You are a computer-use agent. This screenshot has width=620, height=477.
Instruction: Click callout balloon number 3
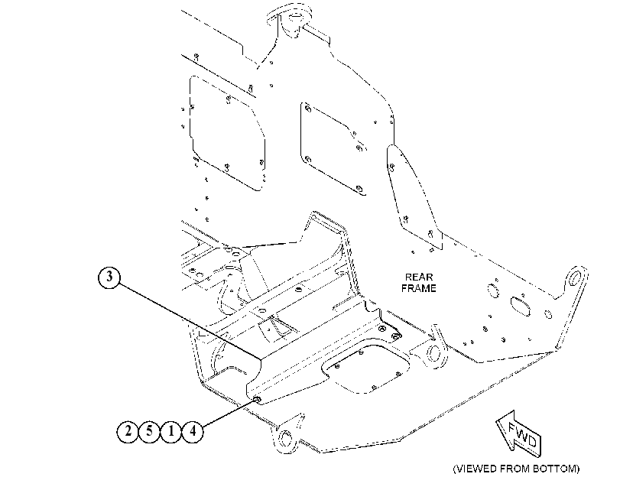coord(109,277)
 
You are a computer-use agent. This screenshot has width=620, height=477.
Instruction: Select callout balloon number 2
coord(128,430)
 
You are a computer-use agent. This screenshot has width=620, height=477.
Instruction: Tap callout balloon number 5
coord(149,430)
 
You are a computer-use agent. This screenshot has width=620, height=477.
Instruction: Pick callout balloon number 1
coord(170,430)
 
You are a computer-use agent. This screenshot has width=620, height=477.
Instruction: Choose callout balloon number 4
coord(193,430)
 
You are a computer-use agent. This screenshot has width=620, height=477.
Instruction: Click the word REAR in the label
coord(419,277)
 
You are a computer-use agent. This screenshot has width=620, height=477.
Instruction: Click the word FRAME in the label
coord(419,288)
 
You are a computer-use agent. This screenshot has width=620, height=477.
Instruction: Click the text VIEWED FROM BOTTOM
coord(516,469)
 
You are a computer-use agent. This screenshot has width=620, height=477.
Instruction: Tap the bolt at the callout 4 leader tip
coord(257,400)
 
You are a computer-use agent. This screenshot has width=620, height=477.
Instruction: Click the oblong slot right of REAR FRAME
coord(521,306)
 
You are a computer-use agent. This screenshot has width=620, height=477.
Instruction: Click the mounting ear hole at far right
coord(574,278)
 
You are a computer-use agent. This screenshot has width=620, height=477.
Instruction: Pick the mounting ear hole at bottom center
coord(284,438)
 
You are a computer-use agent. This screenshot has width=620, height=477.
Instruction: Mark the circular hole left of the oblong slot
coord(493,290)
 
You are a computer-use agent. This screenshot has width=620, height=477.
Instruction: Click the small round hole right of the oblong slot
coord(548,314)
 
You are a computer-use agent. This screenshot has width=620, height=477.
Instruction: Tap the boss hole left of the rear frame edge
coord(433,352)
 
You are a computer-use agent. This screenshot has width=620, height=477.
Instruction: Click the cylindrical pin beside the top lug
coord(316,31)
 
